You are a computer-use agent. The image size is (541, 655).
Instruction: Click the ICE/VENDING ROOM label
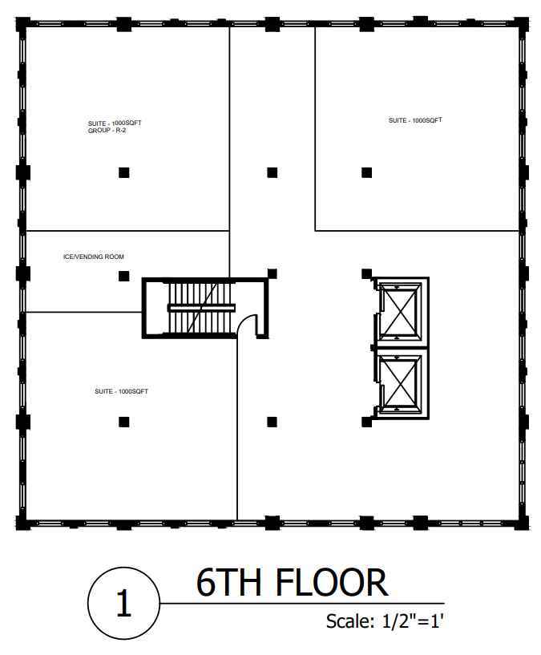[x=94, y=257]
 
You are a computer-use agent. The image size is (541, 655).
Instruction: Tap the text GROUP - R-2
[x=107, y=131]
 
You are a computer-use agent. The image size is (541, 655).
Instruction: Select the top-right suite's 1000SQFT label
[x=415, y=120]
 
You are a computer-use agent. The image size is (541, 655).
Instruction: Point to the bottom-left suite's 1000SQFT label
[x=122, y=391]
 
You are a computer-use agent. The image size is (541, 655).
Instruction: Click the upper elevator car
[x=400, y=312]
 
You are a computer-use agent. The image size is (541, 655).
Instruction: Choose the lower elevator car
[x=400, y=383]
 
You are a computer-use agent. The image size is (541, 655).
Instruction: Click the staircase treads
[x=200, y=308]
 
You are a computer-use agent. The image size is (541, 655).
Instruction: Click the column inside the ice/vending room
[x=123, y=276]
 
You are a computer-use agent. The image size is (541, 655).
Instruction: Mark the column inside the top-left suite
[x=123, y=172]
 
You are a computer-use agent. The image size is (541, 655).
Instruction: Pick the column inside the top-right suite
[x=367, y=172]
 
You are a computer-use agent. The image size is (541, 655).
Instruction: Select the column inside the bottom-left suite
[x=123, y=422]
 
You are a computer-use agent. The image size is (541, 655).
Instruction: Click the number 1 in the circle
[x=123, y=603]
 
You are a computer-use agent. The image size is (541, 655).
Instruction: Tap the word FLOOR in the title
[x=332, y=583]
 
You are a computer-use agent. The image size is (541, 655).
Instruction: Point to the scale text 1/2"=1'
[x=413, y=621]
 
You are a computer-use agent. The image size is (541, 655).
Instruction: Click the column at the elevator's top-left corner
[x=367, y=274]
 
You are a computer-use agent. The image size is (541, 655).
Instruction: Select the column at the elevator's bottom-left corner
[x=367, y=422]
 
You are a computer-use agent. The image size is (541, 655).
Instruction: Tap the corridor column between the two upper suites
[x=272, y=172]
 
